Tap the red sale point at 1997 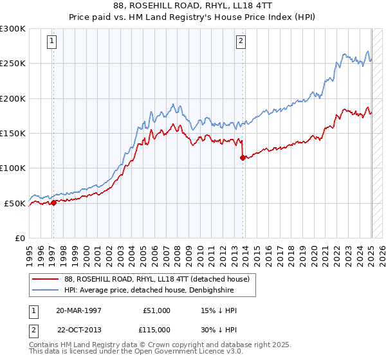click(x=53, y=203)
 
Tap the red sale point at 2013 click(x=243, y=157)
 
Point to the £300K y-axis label click(x=13, y=29)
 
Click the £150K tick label click(x=13, y=134)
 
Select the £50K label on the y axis click(x=15, y=203)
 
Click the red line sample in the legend click(x=46, y=279)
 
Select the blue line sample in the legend click(x=46, y=291)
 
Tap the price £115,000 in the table click(x=156, y=328)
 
